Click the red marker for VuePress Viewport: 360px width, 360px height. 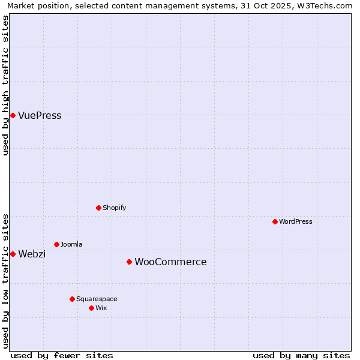click(13, 115)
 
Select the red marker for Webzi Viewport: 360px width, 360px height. click(13, 254)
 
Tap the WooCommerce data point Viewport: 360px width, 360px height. click(129, 262)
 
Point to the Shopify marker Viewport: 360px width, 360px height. click(98, 208)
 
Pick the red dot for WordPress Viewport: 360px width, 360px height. click(275, 221)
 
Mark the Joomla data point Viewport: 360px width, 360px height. click(56, 244)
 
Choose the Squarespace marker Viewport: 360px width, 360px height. click(72, 299)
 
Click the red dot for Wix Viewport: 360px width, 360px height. click(91, 308)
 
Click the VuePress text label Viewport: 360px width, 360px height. click(40, 116)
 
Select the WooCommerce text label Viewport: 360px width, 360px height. click(170, 262)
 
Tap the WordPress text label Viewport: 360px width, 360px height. click(296, 222)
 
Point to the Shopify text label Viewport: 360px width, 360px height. click(114, 208)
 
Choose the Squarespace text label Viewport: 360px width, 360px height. click(97, 299)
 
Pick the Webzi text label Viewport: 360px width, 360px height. click(32, 254)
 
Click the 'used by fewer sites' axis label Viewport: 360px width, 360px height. click(62, 355)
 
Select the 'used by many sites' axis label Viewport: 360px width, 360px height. click(301, 355)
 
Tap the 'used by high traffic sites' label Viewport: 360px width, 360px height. click(5, 85)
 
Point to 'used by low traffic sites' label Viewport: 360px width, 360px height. click(5, 281)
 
